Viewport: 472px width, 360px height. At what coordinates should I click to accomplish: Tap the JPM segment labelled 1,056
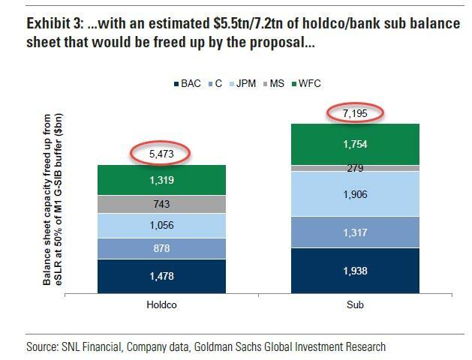(x=161, y=226)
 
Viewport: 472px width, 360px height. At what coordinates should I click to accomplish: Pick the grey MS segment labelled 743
(x=161, y=204)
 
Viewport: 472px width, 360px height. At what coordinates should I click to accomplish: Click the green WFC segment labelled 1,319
(x=161, y=180)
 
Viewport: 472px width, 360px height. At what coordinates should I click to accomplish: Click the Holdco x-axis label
(x=161, y=306)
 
